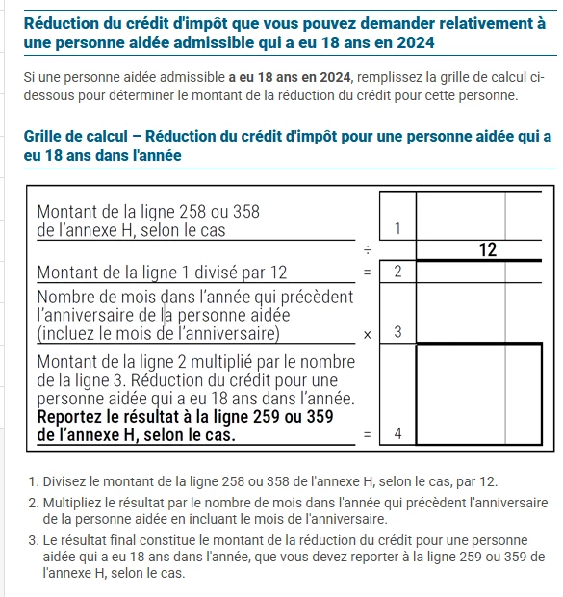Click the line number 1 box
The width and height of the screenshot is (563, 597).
397,216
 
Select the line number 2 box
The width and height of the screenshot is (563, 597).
397,272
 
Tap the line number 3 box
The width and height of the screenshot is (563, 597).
397,313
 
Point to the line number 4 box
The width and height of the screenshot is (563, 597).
397,394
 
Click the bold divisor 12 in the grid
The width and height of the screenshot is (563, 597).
488,250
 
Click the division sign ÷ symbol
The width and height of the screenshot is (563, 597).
368,250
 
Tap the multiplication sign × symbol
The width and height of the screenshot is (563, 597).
367,335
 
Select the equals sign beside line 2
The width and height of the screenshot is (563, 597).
367,273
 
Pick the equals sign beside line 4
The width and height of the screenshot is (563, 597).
367,434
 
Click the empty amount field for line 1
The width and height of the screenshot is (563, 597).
479,216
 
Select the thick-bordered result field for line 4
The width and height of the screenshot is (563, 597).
479,394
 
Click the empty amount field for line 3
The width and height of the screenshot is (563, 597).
479,313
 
